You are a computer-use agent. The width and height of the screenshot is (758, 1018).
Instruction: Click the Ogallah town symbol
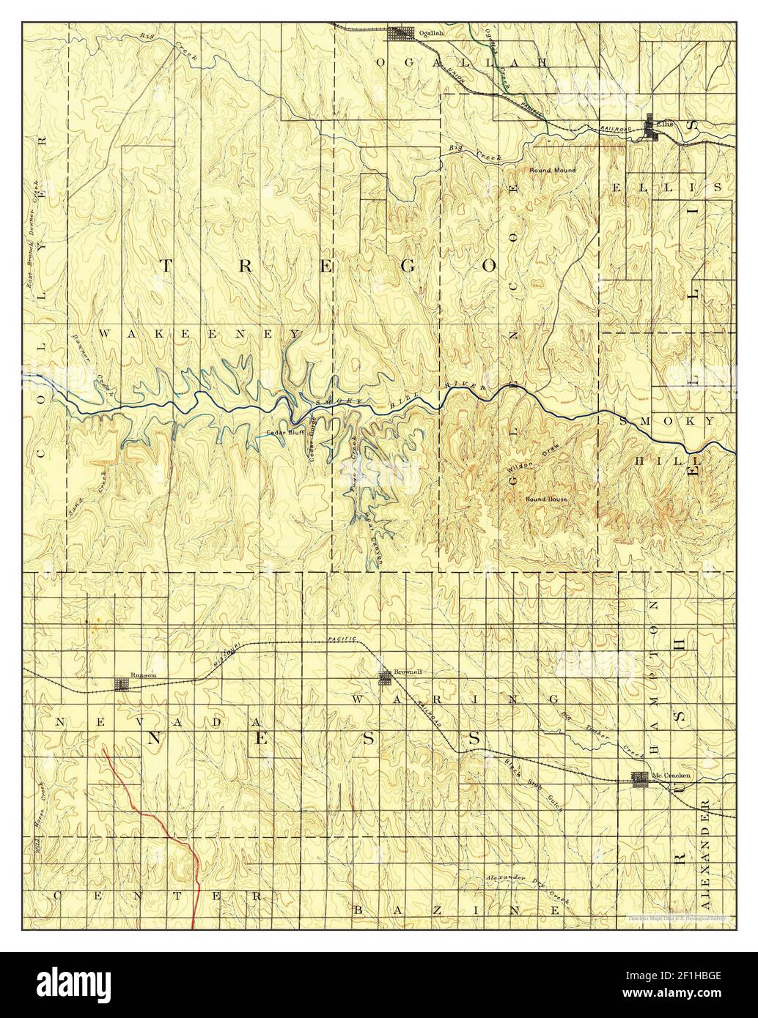(400, 34)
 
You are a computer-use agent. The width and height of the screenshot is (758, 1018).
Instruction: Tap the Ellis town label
(665, 122)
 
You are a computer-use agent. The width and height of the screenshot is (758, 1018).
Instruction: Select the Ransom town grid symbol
(121, 684)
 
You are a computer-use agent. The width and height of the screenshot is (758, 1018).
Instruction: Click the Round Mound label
(553, 170)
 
